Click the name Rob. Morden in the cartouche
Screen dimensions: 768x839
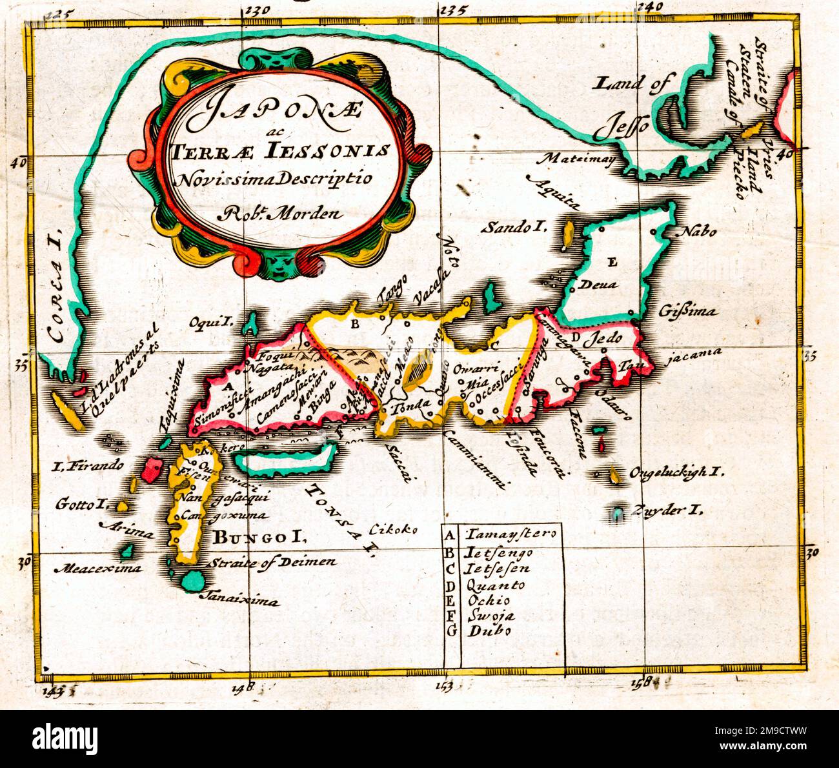281,212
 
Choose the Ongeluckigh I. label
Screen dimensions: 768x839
674,472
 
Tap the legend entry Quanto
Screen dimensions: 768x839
497,585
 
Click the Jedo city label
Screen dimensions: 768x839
606,337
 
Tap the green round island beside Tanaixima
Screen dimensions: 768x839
191,580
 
